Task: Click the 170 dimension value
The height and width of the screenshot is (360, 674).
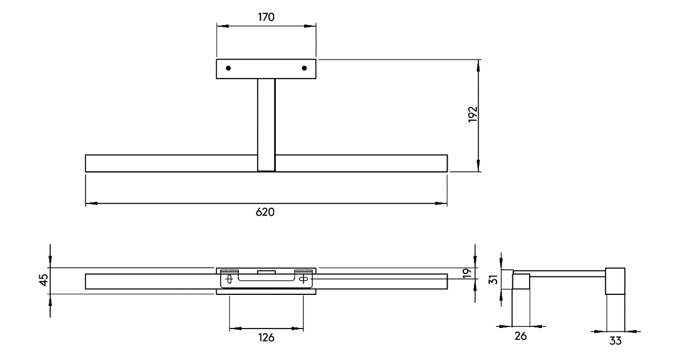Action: [x=266, y=17]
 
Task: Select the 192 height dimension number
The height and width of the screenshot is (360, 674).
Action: [x=472, y=115]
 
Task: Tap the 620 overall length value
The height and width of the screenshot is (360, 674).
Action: [x=266, y=212]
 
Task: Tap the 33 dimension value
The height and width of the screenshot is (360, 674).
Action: [x=616, y=340]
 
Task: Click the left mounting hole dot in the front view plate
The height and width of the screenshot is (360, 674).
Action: [x=228, y=69]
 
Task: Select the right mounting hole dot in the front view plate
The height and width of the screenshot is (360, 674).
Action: [x=304, y=69]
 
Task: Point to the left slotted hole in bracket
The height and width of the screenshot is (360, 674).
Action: [x=229, y=278]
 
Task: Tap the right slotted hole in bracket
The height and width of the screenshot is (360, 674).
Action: [x=304, y=278]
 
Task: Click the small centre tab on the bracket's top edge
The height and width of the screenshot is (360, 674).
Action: [x=266, y=272]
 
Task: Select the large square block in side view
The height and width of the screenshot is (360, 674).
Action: [x=616, y=281]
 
